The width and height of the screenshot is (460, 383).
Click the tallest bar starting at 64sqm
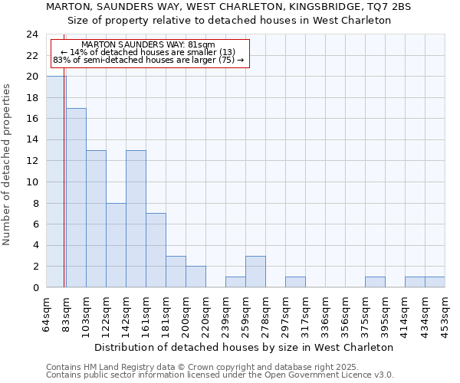(x=56, y=182)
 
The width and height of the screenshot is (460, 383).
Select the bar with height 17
(x=76, y=198)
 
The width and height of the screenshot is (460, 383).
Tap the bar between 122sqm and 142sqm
(x=116, y=245)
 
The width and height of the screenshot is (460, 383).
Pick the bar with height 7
(x=156, y=250)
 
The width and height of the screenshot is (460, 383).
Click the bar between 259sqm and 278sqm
(x=255, y=271)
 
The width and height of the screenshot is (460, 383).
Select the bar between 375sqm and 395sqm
(x=375, y=282)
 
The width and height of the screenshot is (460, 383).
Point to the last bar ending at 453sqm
(x=435, y=282)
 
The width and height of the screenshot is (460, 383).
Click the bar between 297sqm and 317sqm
(x=295, y=282)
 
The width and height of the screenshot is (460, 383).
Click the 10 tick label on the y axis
(x=31, y=182)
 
